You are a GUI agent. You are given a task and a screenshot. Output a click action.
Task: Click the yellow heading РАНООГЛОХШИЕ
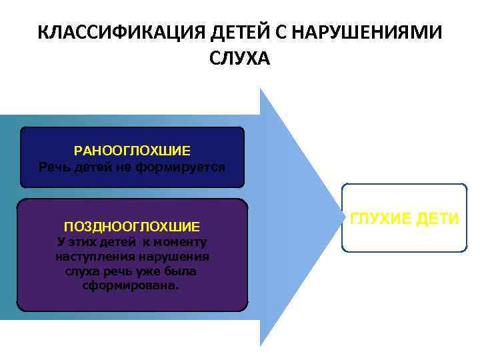[132, 151]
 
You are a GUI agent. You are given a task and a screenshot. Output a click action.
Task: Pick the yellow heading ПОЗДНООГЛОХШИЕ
[131, 227]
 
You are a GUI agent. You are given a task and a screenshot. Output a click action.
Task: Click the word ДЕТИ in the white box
[438, 218]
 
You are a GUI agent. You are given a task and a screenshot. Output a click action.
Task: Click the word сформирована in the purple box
[131, 285]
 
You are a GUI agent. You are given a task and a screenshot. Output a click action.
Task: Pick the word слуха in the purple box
[81, 271]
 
